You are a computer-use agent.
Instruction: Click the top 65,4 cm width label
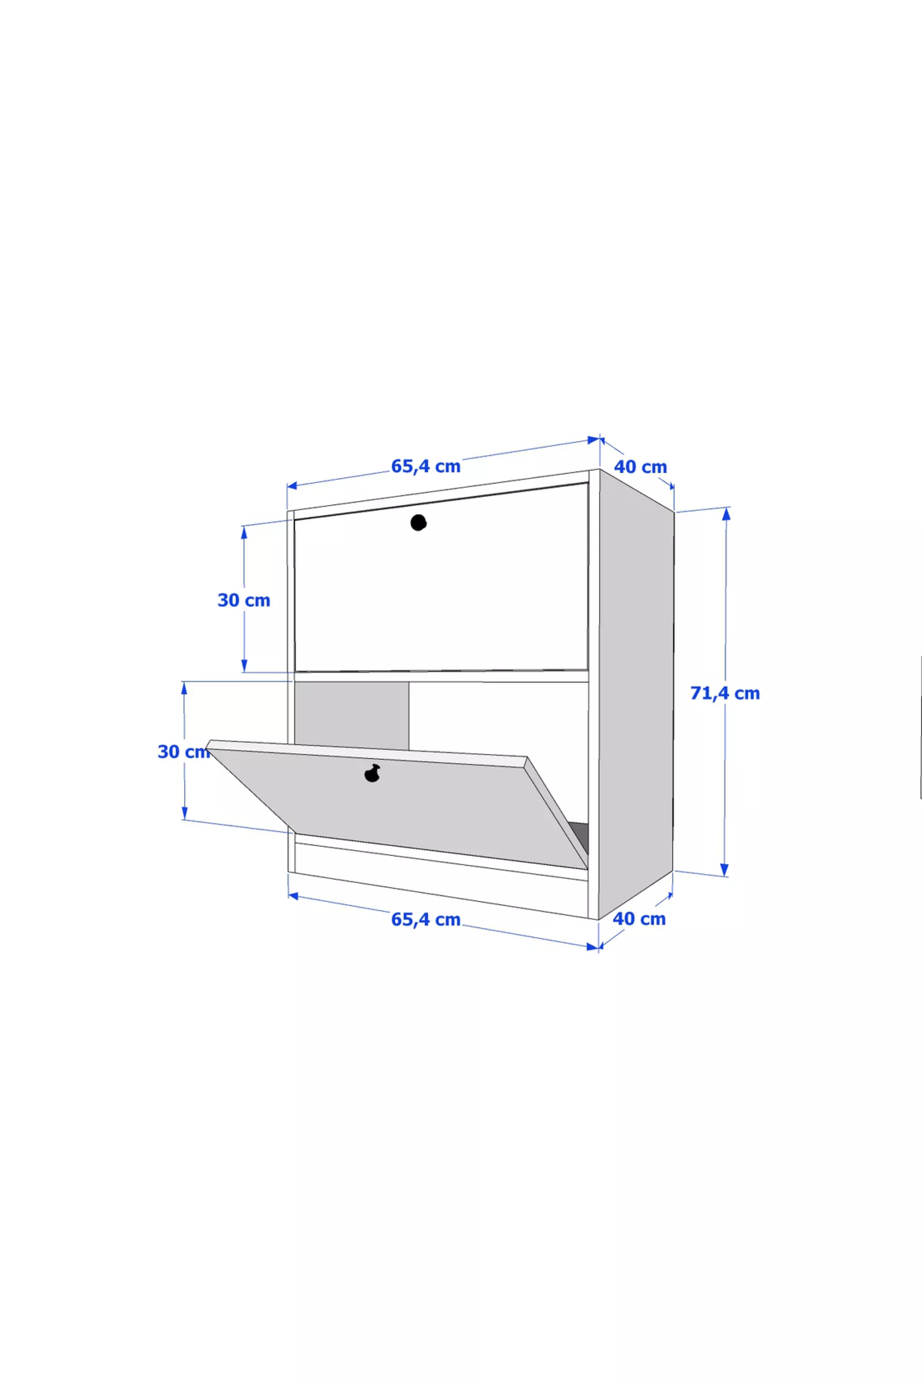pyautogui.click(x=426, y=466)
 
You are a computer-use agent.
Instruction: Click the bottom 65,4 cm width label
pyautogui.click(x=426, y=919)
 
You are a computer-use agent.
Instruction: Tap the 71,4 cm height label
pyautogui.click(x=725, y=693)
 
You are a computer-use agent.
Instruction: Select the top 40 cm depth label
pyautogui.click(x=640, y=467)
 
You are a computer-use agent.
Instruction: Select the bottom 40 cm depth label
pyautogui.click(x=639, y=919)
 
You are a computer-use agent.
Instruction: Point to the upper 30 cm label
pyautogui.click(x=244, y=600)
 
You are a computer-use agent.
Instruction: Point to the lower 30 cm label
pyautogui.click(x=184, y=751)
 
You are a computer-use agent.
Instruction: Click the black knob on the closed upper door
pyautogui.click(x=418, y=522)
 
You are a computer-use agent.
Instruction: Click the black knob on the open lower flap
pyautogui.click(x=372, y=773)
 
